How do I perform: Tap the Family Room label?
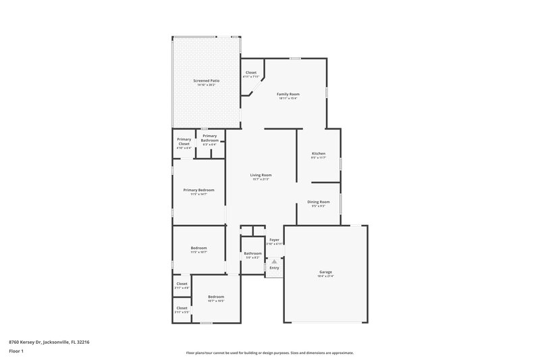(x=288, y=95)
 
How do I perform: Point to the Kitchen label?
(x=318, y=155)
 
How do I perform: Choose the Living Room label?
(x=261, y=176)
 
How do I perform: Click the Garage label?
(x=325, y=273)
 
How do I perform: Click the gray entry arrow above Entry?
(x=274, y=260)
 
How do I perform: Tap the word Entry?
(x=274, y=267)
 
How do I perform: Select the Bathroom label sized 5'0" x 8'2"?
(x=252, y=255)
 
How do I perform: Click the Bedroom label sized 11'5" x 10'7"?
(x=198, y=249)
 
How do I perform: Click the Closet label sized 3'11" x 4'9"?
(x=182, y=285)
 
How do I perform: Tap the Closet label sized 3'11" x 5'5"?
(x=182, y=309)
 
